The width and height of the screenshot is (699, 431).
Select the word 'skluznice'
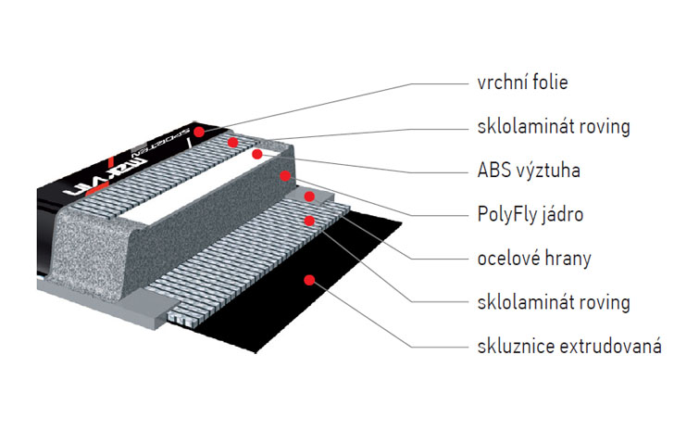point(508,347)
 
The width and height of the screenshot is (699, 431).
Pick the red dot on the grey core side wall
point(287,174)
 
